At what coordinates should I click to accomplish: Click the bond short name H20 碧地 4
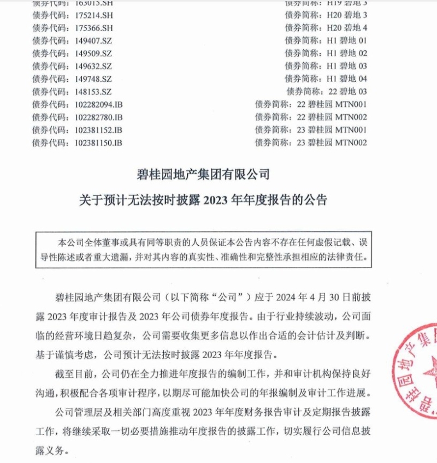click(x=347, y=27)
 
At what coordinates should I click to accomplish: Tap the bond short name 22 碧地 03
click(x=347, y=92)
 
